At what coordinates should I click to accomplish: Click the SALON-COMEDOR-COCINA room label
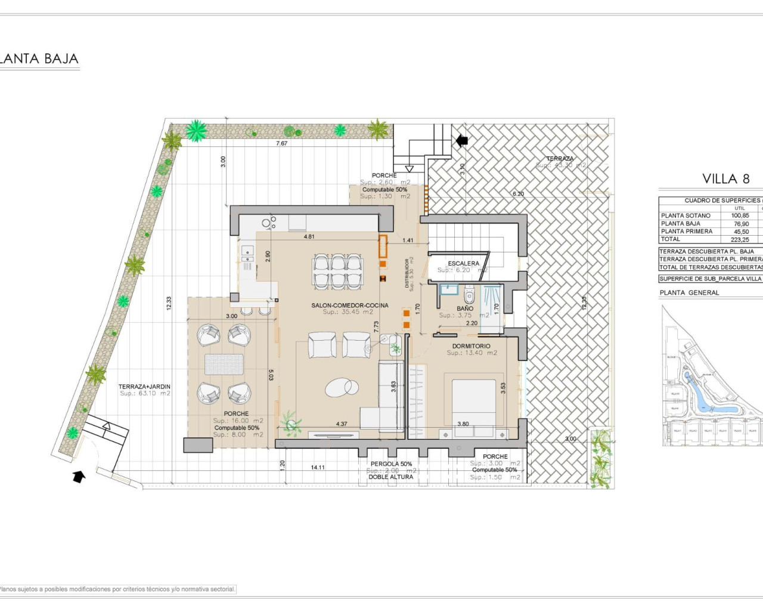coord(349,305)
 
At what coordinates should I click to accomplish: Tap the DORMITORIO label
coord(471,346)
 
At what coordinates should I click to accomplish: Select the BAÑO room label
coord(465,308)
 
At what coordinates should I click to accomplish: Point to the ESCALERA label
coord(463,263)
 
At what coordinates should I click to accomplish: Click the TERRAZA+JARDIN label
coord(144,387)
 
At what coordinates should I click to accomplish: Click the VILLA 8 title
coord(725,178)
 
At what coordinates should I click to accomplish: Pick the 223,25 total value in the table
coord(740,239)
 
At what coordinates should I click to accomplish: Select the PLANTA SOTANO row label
coord(686,215)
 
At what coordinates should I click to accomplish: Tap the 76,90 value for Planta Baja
coord(741,224)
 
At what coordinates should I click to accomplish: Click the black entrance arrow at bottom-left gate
coord(78,476)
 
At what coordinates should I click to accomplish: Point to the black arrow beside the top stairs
coord(461,141)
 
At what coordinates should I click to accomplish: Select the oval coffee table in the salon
coord(342,388)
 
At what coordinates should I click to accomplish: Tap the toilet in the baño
coord(469,295)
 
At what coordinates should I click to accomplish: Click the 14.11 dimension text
coord(318,467)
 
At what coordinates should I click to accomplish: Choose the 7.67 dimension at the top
coord(281,143)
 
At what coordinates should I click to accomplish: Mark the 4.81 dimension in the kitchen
coord(309,237)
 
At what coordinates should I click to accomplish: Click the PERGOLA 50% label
coord(391,464)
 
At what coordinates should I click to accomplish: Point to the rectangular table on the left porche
coord(224,364)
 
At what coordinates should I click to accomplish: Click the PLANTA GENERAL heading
coord(689,292)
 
